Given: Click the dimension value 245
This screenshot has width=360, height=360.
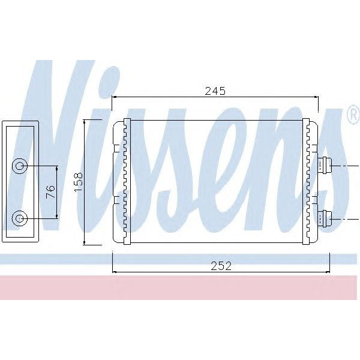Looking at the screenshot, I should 214,91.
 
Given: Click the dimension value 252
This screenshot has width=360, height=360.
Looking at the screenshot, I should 220,266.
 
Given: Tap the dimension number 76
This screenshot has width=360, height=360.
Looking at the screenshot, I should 50,192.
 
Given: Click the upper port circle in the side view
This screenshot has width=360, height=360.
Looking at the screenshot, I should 20,166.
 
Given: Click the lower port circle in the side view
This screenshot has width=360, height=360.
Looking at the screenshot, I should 20,218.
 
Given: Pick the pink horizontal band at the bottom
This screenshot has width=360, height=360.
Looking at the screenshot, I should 180,288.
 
